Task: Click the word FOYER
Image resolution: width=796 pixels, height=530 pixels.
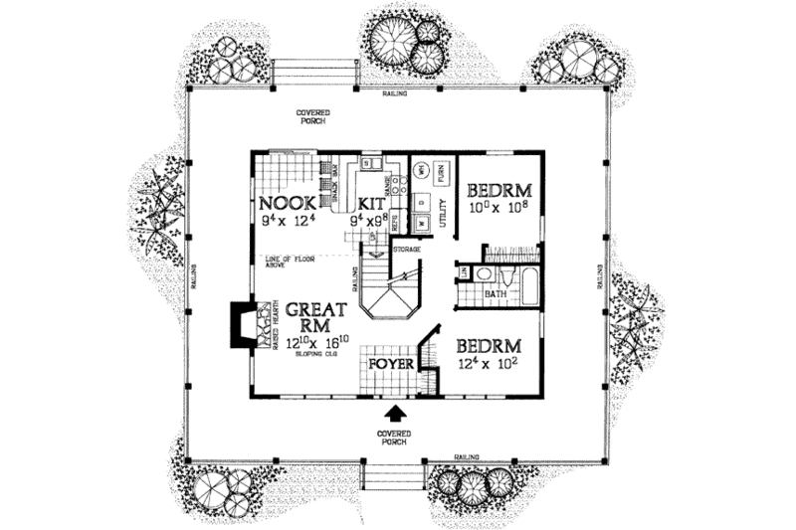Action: point(389,365)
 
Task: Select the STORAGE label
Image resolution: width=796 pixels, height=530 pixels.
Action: point(406,248)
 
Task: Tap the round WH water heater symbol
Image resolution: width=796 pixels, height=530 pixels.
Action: point(421,171)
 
